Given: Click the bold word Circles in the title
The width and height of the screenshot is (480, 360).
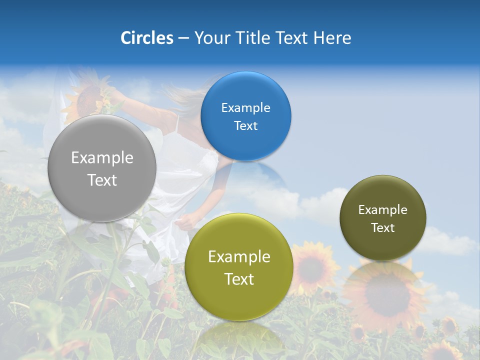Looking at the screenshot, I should [x=146, y=37].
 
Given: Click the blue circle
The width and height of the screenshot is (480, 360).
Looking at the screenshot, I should [x=245, y=116].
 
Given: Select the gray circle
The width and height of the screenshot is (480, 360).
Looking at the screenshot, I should [x=102, y=168].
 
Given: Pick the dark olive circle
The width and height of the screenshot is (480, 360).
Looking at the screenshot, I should [x=382, y=218].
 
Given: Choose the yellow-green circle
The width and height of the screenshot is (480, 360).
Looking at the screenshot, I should [x=238, y=267].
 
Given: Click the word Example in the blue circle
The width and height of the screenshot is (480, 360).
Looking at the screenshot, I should [x=245, y=107].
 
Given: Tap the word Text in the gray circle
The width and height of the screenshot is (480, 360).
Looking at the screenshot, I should [x=102, y=180].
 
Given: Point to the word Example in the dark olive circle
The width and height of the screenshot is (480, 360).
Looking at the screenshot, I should [x=382, y=209].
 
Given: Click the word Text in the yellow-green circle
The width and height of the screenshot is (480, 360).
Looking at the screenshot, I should [x=239, y=279].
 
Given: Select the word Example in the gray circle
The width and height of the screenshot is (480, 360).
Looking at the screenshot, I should [x=102, y=158].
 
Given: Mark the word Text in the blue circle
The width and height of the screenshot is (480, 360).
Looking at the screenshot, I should [x=245, y=125].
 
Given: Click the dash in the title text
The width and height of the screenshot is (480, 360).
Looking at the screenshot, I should [x=183, y=38].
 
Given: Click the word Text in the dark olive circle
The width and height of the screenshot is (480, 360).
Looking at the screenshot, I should [x=383, y=227].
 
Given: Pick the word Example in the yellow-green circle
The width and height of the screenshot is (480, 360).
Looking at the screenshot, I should [x=239, y=257].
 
